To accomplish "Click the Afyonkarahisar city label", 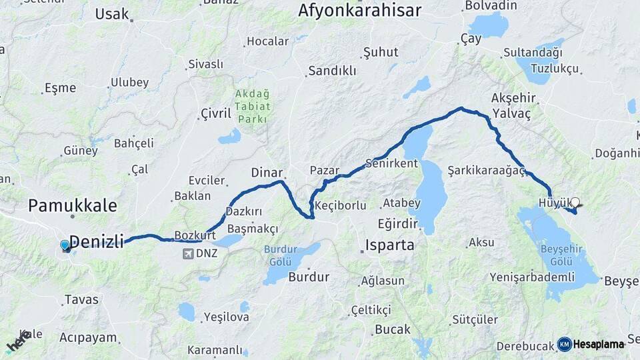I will pos(359,11).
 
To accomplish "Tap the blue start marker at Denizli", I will pos(65,245).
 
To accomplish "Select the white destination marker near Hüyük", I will pos(575,202).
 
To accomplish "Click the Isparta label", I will pos(390,245).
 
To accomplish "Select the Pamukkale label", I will pos(73,205).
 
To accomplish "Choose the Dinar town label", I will pos(267,173).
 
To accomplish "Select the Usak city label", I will pos(112,13).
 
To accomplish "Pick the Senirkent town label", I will pos(391,163).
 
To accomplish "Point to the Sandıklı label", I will pos(332,71).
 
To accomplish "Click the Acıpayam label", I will pos(89,337).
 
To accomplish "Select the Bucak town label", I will pos(393,329).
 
